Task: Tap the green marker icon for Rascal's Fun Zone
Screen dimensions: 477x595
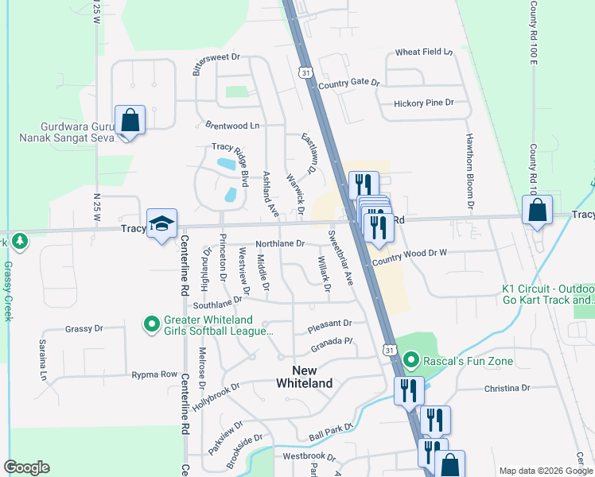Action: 410,361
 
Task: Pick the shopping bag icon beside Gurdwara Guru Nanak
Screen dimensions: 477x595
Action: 130,122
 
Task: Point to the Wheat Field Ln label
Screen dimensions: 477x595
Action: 424,52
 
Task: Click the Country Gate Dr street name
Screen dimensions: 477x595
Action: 349,83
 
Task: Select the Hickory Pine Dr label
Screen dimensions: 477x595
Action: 423,103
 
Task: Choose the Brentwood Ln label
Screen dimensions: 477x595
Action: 232,126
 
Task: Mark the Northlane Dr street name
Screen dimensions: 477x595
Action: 280,243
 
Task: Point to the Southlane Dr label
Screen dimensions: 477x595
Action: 216,304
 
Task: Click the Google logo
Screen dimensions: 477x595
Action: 26,467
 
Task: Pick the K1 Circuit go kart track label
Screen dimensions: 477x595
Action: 549,294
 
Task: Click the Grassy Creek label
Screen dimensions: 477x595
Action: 9,290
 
